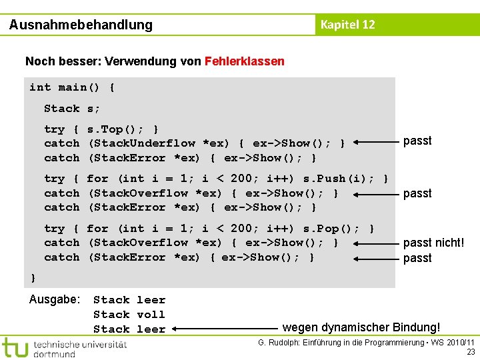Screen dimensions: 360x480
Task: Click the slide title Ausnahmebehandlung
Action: click(x=81, y=25)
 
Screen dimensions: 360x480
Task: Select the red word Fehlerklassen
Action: click(x=245, y=61)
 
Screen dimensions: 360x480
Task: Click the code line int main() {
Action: click(x=72, y=87)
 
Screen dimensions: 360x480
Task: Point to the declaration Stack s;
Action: click(x=72, y=109)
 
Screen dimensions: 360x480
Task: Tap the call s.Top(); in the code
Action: click(x=116, y=129)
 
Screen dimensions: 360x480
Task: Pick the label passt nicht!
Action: click(x=433, y=243)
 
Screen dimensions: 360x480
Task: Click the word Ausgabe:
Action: click(x=55, y=299)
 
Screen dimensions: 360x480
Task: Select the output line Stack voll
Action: click(x=129, y=315)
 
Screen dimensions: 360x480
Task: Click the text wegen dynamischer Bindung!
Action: click(x=361, y=327)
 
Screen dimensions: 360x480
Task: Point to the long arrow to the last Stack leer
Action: click(x=227, y=328)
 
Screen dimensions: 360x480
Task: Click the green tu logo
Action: click(x=15, y=347)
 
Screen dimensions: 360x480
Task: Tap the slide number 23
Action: click(x=471, y=352)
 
